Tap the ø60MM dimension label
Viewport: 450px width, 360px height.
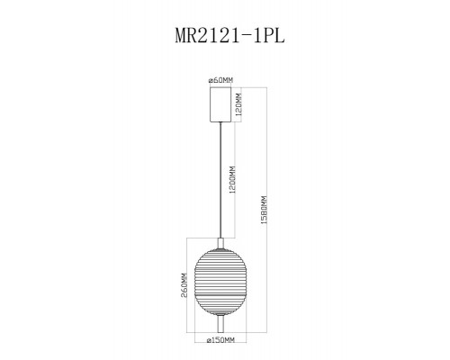point(220,81)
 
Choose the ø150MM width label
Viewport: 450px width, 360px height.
point(220,340)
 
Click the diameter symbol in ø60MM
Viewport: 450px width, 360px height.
point(210,81)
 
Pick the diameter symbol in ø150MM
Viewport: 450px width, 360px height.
point(208,340)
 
